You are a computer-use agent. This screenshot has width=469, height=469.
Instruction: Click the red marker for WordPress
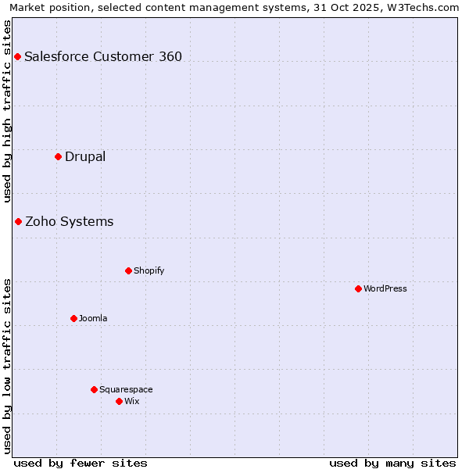(358, 288)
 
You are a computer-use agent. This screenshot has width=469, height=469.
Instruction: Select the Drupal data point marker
(58, 156)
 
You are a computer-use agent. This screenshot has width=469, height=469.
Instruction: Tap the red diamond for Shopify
(128, 270)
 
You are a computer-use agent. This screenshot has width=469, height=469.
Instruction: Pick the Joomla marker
(73, 318)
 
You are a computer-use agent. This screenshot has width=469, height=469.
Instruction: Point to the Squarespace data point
(94, 389)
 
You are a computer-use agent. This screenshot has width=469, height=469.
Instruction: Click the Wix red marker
(119, 401)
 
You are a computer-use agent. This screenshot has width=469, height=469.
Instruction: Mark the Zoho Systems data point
(18, 221)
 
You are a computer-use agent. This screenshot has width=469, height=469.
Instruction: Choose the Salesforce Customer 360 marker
(17, 56)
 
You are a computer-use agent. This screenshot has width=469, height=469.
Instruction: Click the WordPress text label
(385, 288)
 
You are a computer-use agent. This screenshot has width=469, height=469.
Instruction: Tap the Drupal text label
(85, 156)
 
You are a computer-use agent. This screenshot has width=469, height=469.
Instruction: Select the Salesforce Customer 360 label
(103, 56)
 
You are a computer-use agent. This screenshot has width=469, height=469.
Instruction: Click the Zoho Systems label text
(70, 221)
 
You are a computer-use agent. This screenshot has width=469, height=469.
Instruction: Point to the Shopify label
(149, 270)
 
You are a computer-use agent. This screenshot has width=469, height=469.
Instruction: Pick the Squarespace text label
(126, 389)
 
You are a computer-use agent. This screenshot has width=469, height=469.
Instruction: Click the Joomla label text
(93, 318)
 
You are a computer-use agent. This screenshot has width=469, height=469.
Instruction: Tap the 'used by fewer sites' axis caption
(81, 463)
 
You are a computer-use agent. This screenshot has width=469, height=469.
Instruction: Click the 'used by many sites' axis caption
(392, 463)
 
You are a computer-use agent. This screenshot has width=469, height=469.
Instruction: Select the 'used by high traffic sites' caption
(7, 111)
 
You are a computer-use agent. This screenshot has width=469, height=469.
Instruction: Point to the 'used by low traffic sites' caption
(7, 366)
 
